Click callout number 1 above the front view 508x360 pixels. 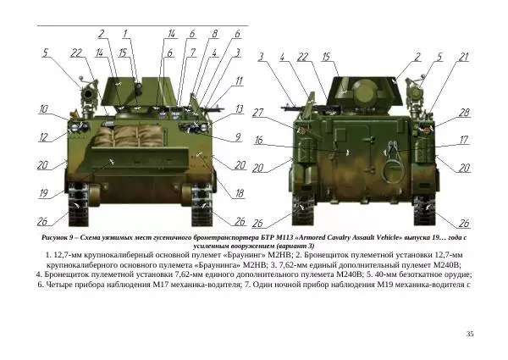[x=125, y=34]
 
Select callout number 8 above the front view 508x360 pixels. [x=214, y=34]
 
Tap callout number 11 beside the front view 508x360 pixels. [x=239, y=81]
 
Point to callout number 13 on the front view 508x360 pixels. [x=239, y=109]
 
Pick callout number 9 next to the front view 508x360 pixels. [x=238, y=136]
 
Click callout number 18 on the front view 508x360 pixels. [x=239, y=194]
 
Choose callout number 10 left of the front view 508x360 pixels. [x=43, y=109]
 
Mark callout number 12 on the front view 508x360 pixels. [x=43, y=136]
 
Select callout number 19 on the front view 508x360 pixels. [x=43, y=194]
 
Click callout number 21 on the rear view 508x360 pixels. [x=463, y=57]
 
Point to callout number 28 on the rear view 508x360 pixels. [x=464, y=112]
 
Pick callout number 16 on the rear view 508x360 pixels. [x=259, y=140]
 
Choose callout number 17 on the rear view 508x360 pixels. [x=464, y=140]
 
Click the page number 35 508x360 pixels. [x=470, y=335]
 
